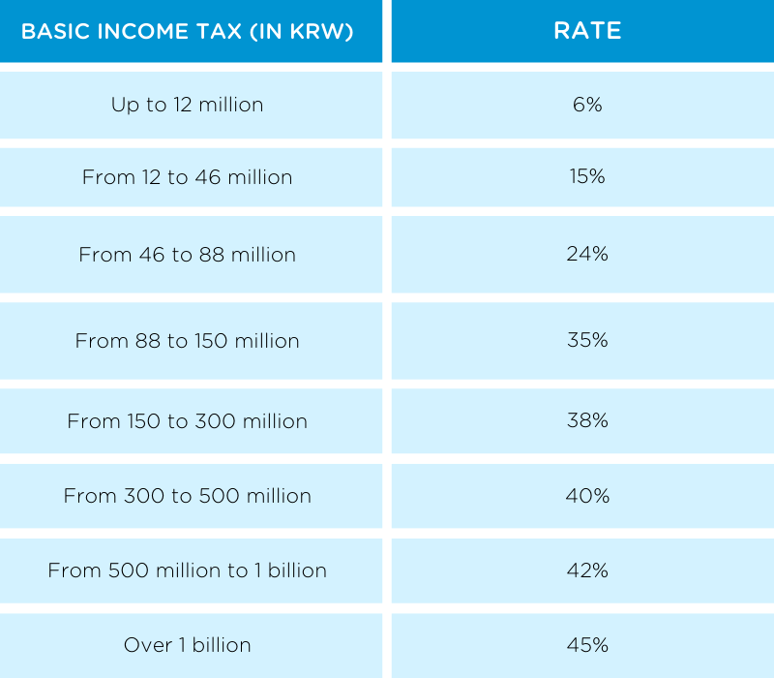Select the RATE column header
587,31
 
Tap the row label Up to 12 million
187,105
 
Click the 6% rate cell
587,105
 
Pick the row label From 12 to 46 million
187,177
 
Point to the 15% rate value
587,177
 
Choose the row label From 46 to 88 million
187,255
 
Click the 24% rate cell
587,255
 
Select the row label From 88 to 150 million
187,341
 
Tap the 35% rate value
587,341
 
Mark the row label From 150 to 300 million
187,421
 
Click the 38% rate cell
587,421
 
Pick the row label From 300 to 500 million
187,496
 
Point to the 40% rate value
587,496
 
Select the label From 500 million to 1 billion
187,570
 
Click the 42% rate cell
587,570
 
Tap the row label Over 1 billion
187,645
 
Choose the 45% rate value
587,645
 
